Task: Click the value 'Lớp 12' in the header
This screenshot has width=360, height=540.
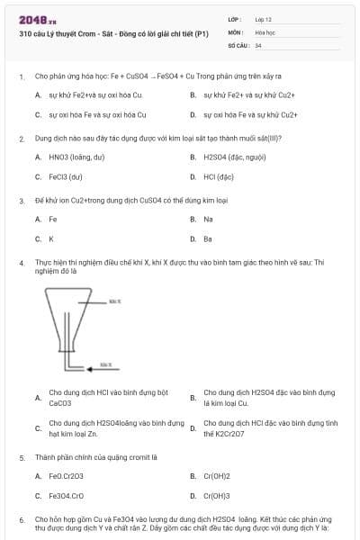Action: pyautogui.click(x=264, y=19)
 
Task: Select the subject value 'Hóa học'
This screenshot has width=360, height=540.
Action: pyautogui.click(x=265, y=31)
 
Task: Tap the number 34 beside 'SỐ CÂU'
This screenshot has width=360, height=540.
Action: pyautogui.click(x=258, y=44)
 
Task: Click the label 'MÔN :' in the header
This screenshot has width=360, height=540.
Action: pyautogui.click(x=235, y=31)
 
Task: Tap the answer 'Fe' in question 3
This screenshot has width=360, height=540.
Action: pyautogui.click(x=53, y=219)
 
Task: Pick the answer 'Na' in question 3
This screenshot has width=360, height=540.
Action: pyautogui.click(x=208, y=219)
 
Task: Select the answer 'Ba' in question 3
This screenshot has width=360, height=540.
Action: pyautogui.click(x=208, y=239)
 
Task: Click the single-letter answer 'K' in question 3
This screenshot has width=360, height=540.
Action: pyautogui.click(x=51, y=239)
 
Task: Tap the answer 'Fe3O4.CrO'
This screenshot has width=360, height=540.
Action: pyautogui.click(x=67, y=496)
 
